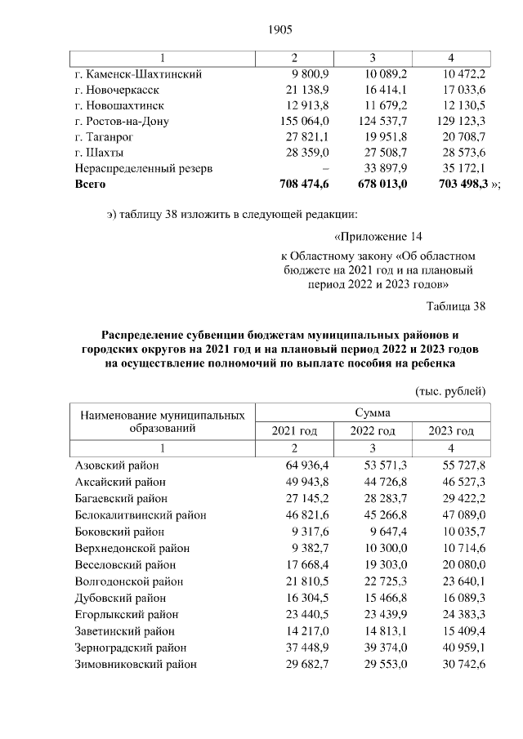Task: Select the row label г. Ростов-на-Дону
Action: pos(122,122)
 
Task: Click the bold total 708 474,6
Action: pos(298,185)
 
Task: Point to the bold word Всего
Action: pos(91,185)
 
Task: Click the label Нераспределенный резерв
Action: pos(144,169)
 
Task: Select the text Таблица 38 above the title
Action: pos(456,306)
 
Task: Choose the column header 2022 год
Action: pos(373,431)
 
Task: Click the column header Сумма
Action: pos(373,413)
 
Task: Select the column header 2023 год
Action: pos(451,431)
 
